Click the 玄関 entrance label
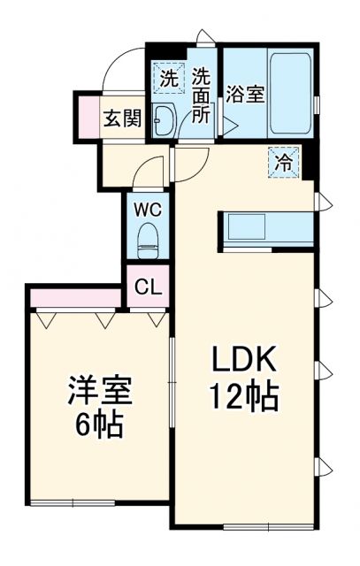(x=122, y=119)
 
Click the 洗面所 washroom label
(x=203, y=96)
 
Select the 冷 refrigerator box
(x=285, y=162)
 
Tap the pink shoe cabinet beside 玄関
(x=89, y=112)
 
